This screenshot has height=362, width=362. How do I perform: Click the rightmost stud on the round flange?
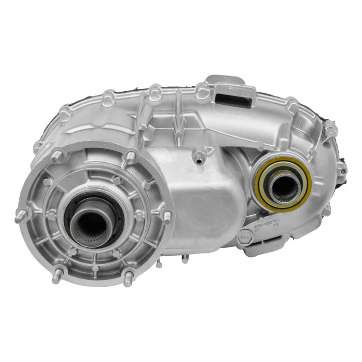pos(167,217)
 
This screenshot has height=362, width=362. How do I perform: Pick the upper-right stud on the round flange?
pos(131,157)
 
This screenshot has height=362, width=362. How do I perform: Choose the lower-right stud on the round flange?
pos(128,279)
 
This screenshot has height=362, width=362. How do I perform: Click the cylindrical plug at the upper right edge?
pos(331,128)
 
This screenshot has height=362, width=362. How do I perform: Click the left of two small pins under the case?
pos(159,263)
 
